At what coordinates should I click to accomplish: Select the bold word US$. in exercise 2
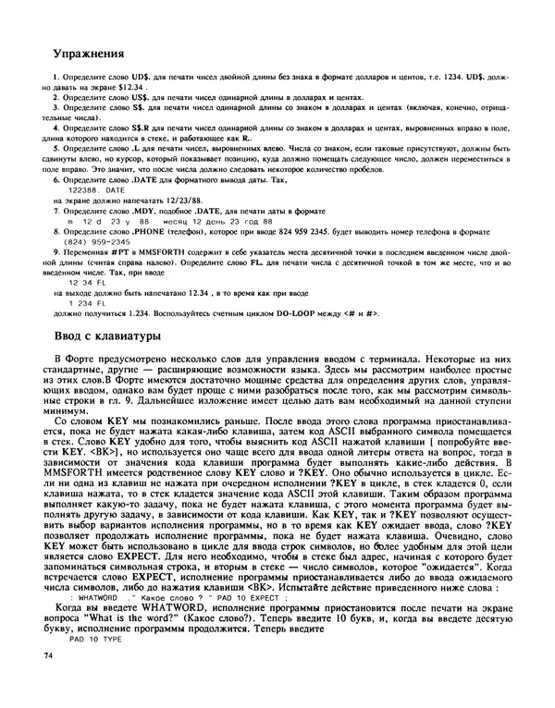coord(133,97)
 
